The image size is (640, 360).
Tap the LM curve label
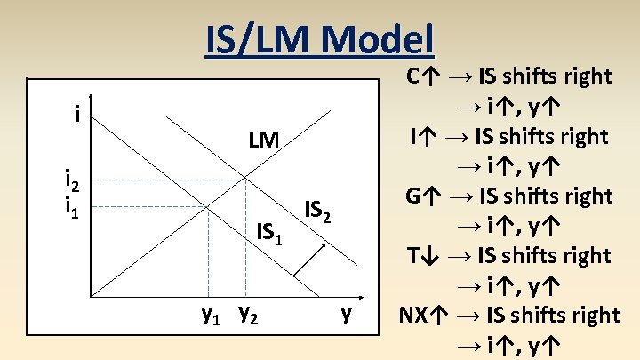264,140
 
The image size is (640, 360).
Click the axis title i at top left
77,115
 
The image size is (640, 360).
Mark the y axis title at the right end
348,314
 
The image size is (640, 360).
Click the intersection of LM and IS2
245,180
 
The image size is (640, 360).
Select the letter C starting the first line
414,76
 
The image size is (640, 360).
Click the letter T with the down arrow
415,255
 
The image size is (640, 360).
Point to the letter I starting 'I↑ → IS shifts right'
414,136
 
